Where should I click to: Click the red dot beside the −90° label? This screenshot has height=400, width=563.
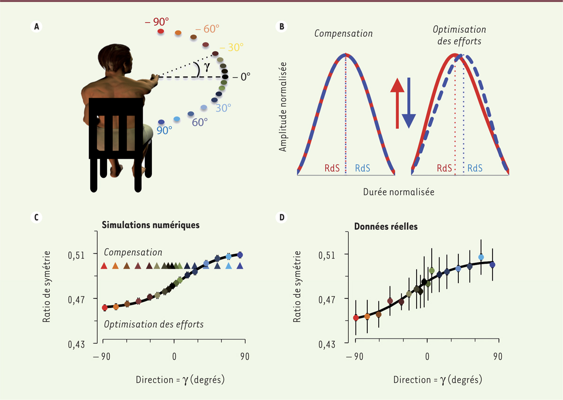(160, 31)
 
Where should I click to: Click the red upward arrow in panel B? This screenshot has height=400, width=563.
(397, 103)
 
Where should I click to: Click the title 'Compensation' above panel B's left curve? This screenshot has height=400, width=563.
(343, 34)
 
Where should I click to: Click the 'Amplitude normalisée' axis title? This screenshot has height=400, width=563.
(282, 108)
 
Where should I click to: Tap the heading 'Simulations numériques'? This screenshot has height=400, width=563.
(151, 225)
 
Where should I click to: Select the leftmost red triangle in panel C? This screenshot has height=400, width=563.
(104, 266)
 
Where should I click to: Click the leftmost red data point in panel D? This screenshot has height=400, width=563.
(356, 318)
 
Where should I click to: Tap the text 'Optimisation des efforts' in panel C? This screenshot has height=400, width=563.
(153, 324)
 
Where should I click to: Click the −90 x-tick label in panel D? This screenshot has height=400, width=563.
(355, 356)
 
